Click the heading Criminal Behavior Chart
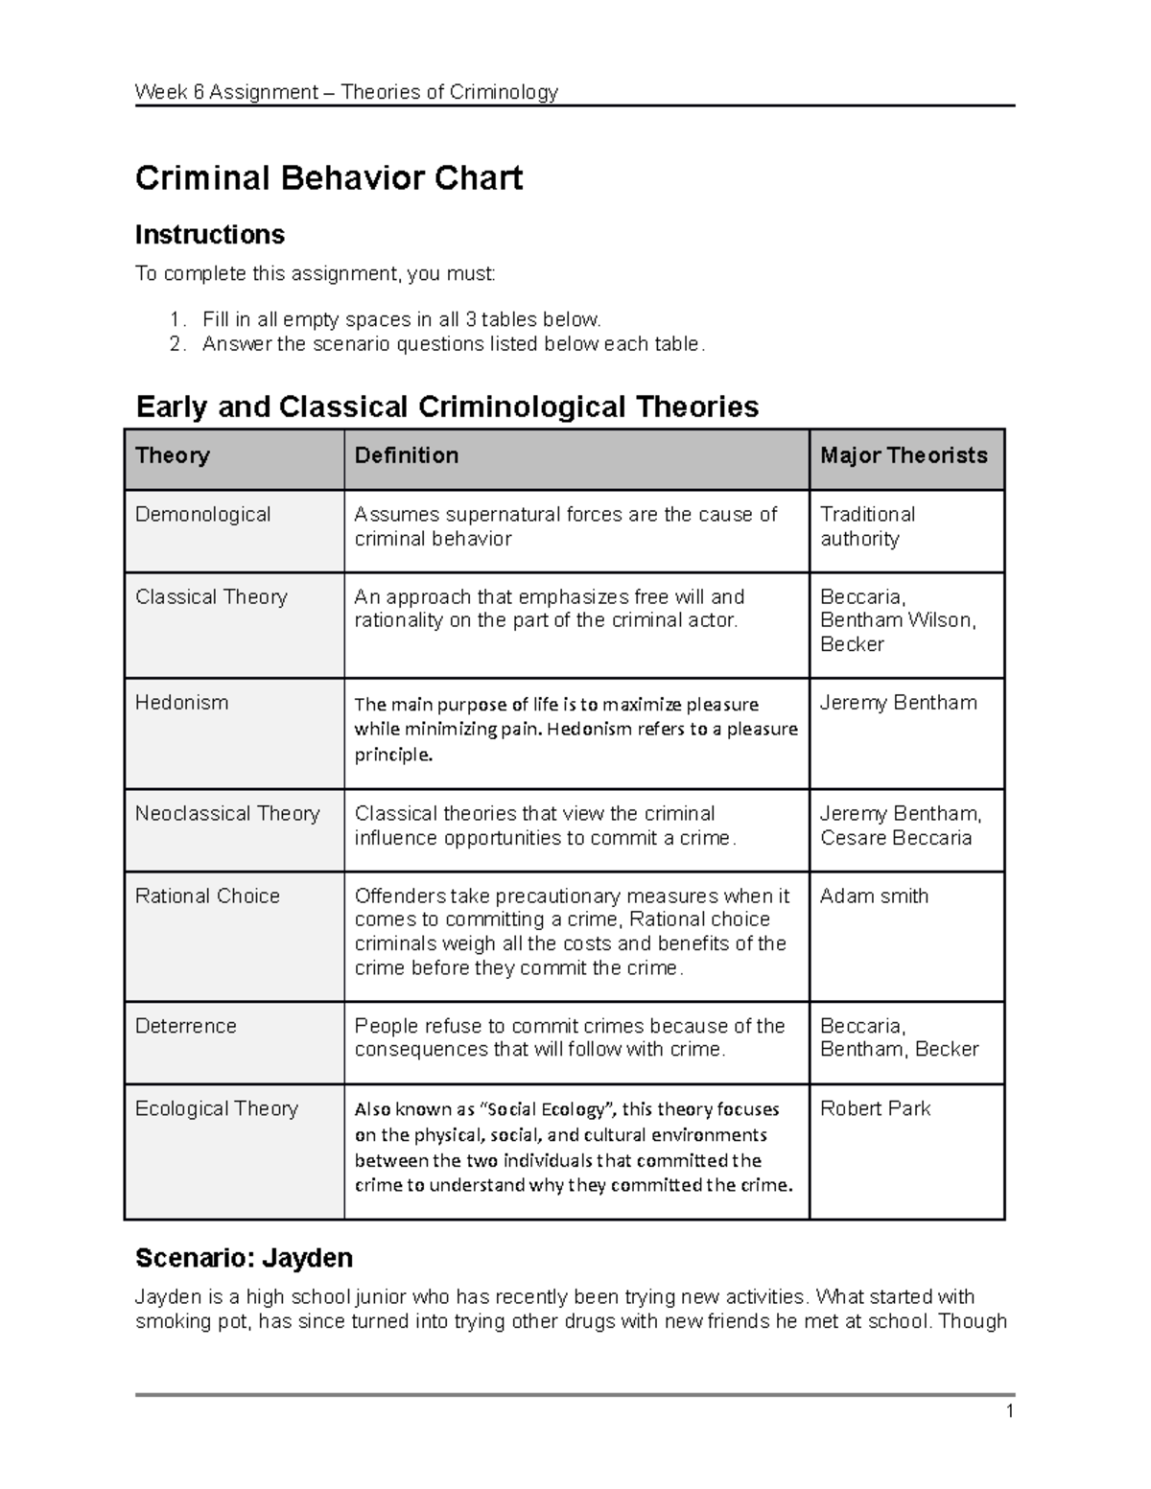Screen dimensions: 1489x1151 point(328,178)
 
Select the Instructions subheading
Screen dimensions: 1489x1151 point(209,235)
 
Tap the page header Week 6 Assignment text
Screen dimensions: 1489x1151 point(346,92)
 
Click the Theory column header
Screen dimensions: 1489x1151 point(173,455)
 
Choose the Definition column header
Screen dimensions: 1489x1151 point(407,455)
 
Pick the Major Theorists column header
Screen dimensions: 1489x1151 point(904,455)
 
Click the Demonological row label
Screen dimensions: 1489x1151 point(203,515)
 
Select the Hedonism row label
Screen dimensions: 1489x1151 point(182,703)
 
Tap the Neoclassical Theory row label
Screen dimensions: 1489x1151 point(227,814)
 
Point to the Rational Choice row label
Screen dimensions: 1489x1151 point(207,896)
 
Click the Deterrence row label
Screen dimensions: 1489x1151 point(186,1026)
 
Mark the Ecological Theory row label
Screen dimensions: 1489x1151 point(217,1109)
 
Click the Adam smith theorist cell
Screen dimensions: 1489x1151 point(874,896)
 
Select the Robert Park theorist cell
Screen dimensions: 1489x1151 point(875,1109)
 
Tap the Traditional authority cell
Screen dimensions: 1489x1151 point(867,526)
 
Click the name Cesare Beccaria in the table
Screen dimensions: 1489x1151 point(896,838)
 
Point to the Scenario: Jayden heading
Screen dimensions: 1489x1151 point(244,1258)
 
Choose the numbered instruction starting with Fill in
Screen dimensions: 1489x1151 point(401,319)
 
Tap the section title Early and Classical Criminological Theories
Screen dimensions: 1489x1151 point(447,407)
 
